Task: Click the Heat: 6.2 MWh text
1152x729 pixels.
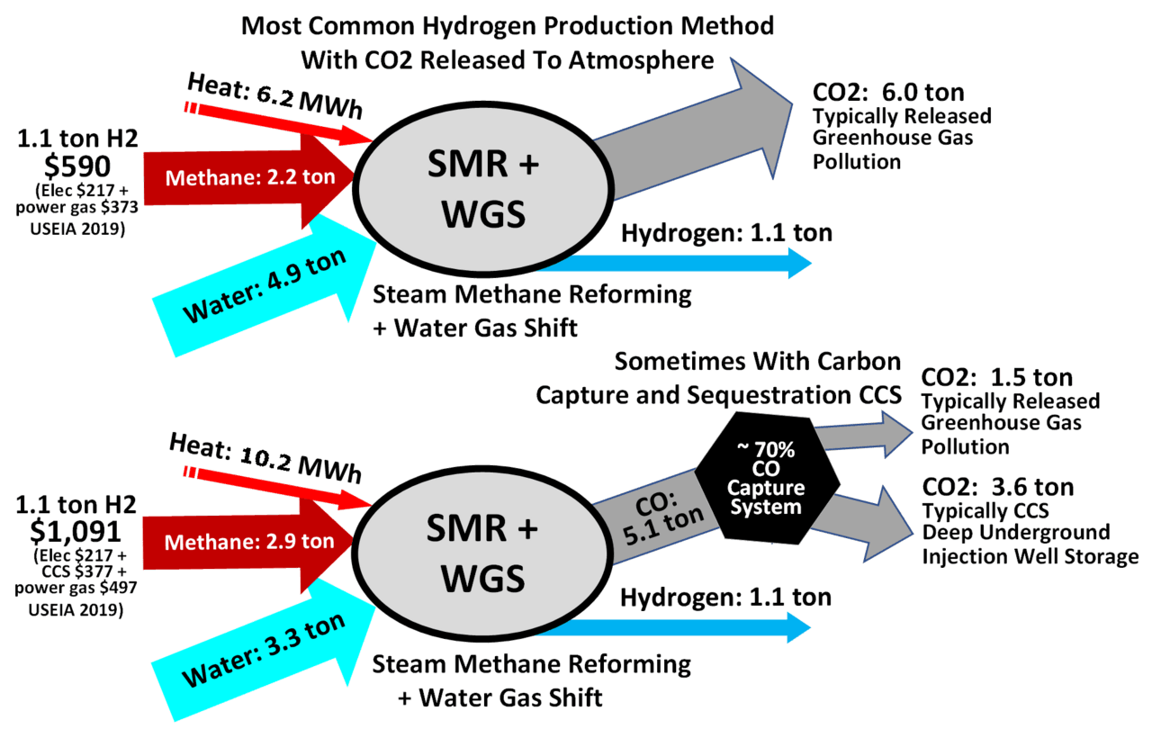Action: (x=274, y=97)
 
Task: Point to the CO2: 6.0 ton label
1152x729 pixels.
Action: (x=888, y=92)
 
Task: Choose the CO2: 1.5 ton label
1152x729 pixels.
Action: (x=997, y=377)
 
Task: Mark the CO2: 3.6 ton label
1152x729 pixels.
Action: (x=997, y=488)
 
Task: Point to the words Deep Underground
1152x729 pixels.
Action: (x=1015, y=533)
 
